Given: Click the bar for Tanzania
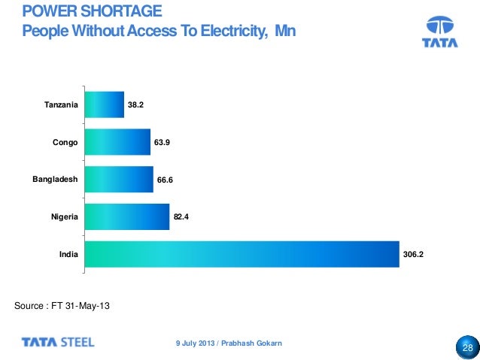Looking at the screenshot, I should [x=105, y=105].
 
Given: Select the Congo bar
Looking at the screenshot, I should [x=118, y=141].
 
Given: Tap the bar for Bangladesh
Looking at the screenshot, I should [x=119, y=180].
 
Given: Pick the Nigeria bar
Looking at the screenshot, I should [x=127, y=218].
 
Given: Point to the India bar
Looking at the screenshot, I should [x=241, y=255].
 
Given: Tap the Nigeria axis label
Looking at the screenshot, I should [x=65, y=218].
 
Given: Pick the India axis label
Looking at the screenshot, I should [x=69, y=255].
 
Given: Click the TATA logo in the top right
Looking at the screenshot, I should [x=442, y=33].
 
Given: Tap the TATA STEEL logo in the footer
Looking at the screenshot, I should [x=58, y=342].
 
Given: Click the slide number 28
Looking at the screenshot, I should [x=466, y=348].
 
